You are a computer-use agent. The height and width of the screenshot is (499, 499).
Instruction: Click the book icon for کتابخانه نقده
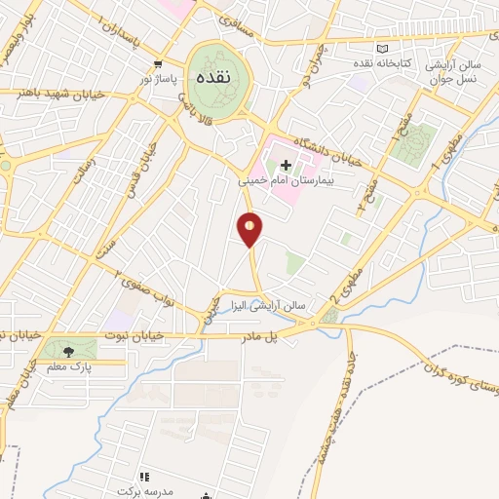383,49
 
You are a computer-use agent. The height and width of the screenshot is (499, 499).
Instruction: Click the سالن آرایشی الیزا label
276,304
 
